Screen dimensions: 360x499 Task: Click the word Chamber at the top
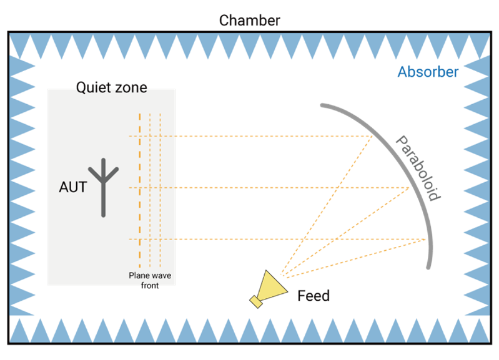249,20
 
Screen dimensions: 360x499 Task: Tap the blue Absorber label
428,72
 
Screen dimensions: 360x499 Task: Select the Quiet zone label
111,87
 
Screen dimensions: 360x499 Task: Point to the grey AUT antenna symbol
104,187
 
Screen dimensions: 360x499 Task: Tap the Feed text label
314,295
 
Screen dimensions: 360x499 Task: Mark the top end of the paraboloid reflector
322,104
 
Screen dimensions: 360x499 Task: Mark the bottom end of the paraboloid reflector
428,267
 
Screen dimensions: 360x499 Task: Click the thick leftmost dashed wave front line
140,187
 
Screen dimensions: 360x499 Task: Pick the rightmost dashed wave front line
161,187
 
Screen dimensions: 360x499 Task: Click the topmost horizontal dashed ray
250,136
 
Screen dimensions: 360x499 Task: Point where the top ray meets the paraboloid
372,136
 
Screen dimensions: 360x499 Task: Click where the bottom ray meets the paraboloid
427,239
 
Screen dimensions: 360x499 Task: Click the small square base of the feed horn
255,302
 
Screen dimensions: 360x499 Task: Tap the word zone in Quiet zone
131,87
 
